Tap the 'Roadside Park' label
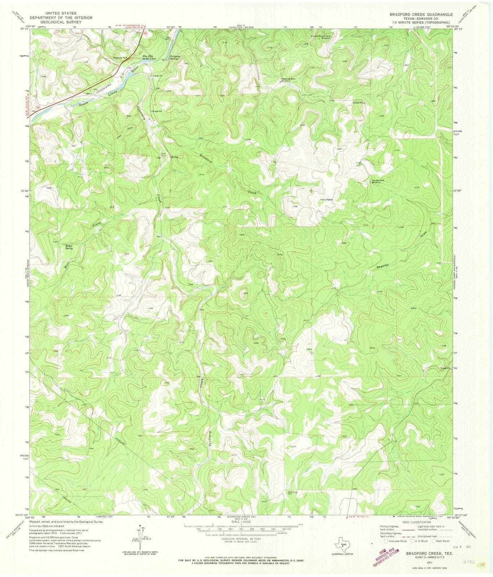(119, 58)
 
